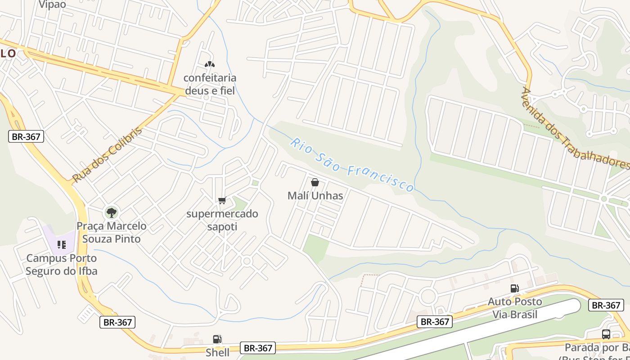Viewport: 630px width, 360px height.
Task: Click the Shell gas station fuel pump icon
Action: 217,339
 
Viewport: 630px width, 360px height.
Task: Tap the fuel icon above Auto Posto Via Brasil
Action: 514,288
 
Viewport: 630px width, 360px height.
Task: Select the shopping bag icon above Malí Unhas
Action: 315,182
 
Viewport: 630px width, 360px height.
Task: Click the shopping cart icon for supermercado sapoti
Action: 221,201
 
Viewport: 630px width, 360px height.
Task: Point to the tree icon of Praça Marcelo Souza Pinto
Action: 111,212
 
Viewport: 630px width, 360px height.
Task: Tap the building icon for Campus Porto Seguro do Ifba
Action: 62,245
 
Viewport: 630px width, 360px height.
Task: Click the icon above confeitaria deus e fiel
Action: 209,65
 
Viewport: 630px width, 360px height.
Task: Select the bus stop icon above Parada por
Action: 606,334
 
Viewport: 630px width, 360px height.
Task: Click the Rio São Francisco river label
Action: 352,165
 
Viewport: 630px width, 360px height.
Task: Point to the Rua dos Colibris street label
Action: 107,155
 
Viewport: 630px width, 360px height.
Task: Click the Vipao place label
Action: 52,4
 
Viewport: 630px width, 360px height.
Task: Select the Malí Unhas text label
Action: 315,196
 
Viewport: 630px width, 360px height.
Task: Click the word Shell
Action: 217,352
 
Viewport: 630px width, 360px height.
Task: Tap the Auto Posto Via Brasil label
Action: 515,308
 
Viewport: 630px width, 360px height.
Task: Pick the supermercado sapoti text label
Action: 222,220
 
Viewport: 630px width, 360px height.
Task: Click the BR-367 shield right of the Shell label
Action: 258,348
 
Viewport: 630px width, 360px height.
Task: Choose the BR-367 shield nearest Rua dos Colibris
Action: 26,137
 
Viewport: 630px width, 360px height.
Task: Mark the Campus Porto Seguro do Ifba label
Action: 61,265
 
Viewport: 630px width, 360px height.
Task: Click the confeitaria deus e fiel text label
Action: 210,84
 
